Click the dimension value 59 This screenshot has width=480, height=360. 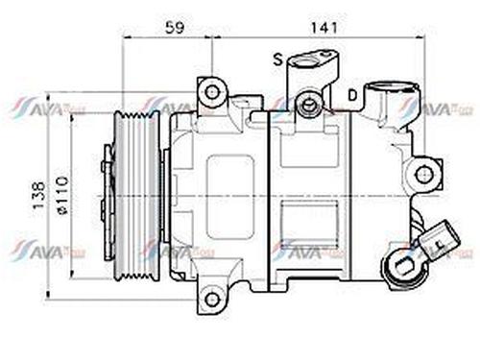tap(174, 28)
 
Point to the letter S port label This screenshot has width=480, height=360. tap(278, 60)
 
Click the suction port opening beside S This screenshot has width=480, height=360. tap(313, 62)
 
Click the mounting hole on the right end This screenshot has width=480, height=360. tap(422, 174)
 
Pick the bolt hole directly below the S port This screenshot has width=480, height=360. tap(308, 103)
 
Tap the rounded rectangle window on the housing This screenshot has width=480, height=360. tap(229, 197)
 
